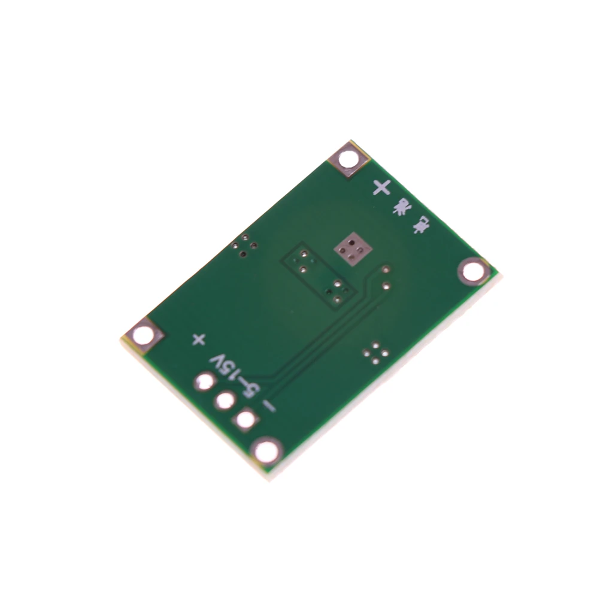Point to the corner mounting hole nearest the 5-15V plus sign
point(144,336)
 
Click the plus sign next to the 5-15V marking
point(198,340)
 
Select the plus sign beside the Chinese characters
point(381,187)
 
